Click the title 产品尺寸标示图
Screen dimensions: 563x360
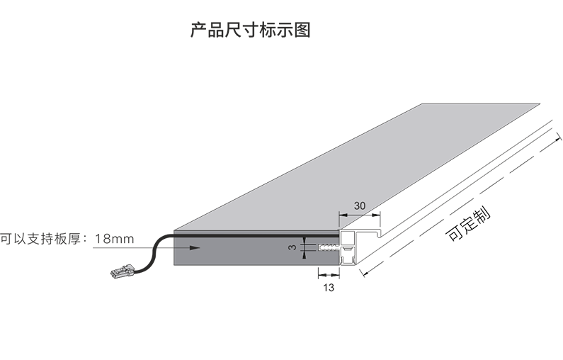pyautogui.click(x=250, y=30)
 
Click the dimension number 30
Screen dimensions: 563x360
pyautogui.click(x=360, y=206)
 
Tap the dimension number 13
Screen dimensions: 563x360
pyautogui.click(x=329, y=288)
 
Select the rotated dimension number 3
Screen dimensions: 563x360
pyautogui.click(x=293, y=247)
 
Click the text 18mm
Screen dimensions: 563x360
pyautogui.click(x=114, y=239)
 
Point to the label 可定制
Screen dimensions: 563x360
pyautogui.click(x=468, y=223)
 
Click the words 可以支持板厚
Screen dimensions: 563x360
pyautogui.click(x=40, y=239)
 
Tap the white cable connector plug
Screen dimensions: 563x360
pyautogui.click(x=122, y=271)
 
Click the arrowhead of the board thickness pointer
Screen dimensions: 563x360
pyautogui.click(x=195, y=247)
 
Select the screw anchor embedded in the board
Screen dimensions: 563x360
pyautogui.click(x=328, y=247)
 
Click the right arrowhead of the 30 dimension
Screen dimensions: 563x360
pyautogui.click(x=376, y=215)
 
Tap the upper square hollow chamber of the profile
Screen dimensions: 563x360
pyautogui.click(x=348, y=239)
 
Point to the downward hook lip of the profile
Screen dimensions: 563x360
pyautogui.click(x=378, y=234)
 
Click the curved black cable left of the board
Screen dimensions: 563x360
pyautogui.click(x=154, y=252)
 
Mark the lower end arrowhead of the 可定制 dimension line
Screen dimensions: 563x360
pyautogui.click(x=365, y=274)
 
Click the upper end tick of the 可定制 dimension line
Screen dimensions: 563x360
pyautogui.click(x=558, y=137)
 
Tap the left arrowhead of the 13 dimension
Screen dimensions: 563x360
pyautogui.click(x=322, y=275)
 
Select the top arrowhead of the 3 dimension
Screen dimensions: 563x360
pyautogui.click(x=305, y=240)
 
